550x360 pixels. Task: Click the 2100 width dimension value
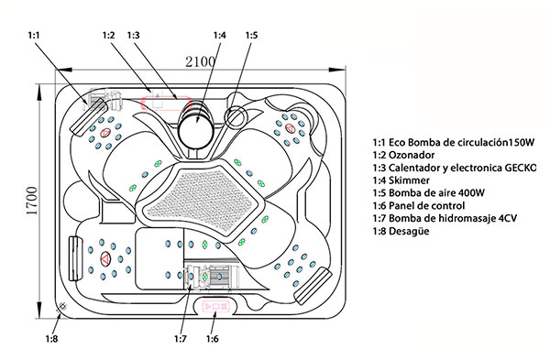(200, 62)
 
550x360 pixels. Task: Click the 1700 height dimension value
(32, 201)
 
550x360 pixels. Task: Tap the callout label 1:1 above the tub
(34, 35)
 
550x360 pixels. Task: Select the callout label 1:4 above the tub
(220, 35)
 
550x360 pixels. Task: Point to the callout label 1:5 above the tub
(251, 35)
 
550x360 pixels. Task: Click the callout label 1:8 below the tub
(51, 339)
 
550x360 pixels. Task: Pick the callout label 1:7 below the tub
(181, 339)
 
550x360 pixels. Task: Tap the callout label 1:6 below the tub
(213, 339)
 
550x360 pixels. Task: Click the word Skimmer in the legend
(409, 180)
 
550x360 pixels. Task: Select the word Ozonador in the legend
(412, 155)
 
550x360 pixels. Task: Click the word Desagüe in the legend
(409, 231)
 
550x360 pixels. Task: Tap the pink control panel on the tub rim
(215, 307)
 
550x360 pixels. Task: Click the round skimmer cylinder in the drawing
(195, 130)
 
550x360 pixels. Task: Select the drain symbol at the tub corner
(62, 307)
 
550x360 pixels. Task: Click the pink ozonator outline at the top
(167, 104)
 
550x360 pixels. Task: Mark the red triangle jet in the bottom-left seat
(105, 258)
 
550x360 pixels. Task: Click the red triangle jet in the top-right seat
(290, 128)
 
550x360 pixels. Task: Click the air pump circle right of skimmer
(236, 116)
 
